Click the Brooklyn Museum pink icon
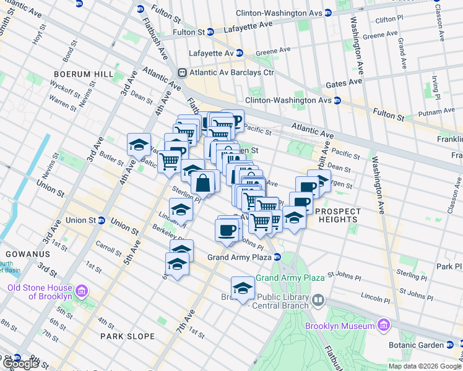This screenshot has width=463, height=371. tap(383, 325)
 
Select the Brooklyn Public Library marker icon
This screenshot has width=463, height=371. tap(318, 301)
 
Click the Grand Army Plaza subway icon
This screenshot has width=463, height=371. tap(278, 257)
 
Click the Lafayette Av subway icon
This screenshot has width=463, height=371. tap(238, 53)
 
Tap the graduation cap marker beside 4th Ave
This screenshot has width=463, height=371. tap(139, 145)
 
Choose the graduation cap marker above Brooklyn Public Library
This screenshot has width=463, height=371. tap(243, 288)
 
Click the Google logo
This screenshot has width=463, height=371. tap(20, 364)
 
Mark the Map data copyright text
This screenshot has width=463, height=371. tap(425, 366)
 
